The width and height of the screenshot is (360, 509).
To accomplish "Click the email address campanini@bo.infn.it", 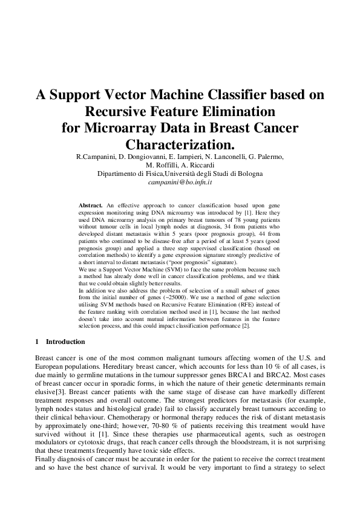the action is click(x=180, y=181).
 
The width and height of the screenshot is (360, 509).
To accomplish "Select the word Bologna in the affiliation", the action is click(x=249, y=173).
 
